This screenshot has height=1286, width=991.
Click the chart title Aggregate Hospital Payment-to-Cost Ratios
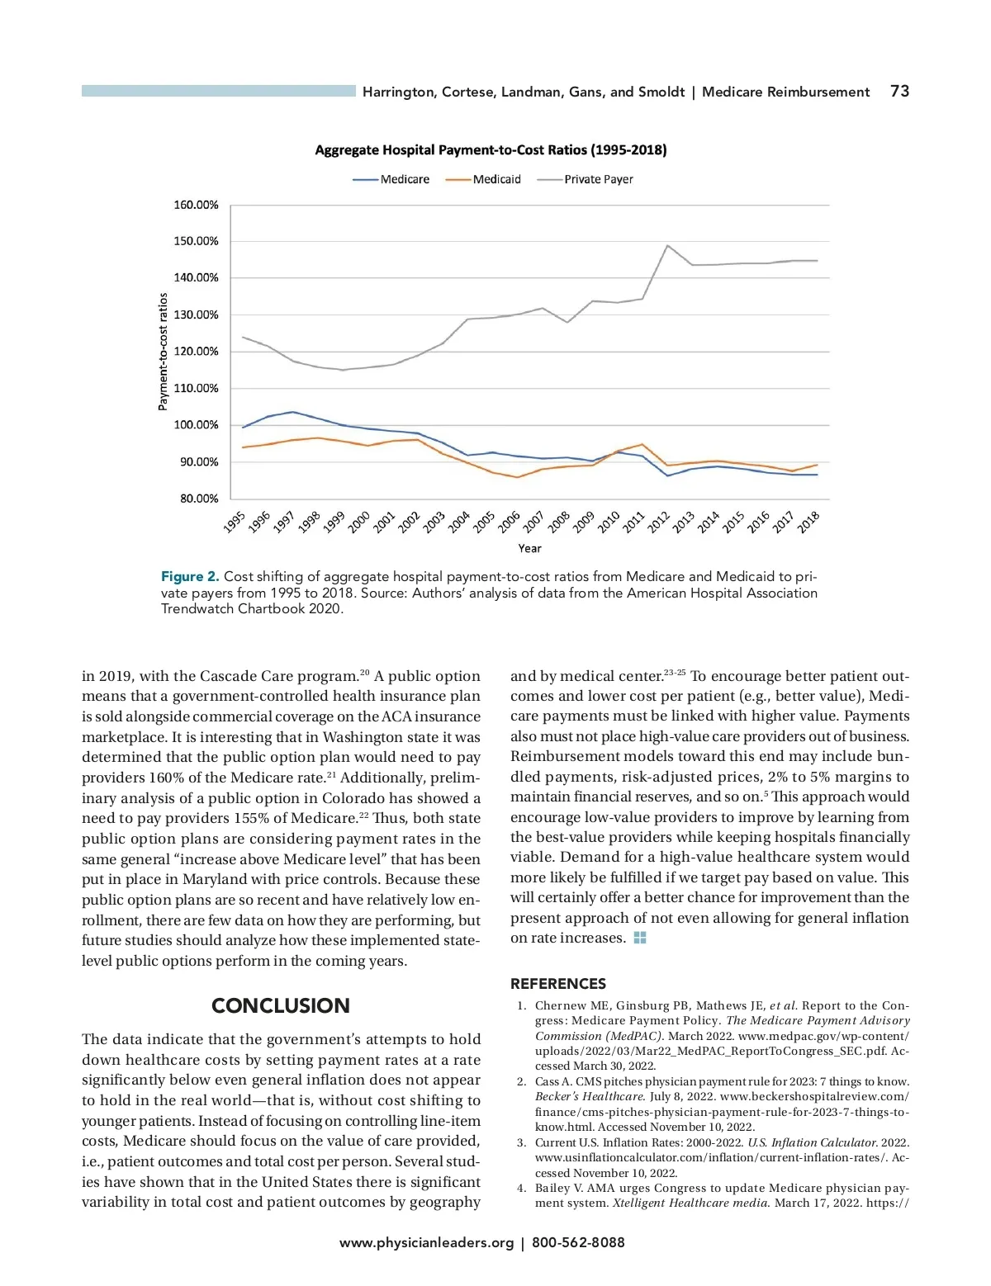click(x=491, y=150)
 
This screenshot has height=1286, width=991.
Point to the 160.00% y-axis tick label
click(x=196, y=205)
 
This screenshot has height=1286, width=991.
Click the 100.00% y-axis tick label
click(x=196, y=425)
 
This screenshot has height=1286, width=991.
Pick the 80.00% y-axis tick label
click(x=198, y=499)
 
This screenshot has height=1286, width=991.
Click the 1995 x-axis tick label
click(x=235, y=522)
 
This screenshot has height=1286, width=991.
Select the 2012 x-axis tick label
click(x=659, y=522)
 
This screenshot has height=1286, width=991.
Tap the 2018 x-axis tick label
click(x=808, y=522)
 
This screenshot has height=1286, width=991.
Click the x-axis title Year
click(x=529, y=548)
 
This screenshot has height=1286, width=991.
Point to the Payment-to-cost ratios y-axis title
click(x=163, y=352)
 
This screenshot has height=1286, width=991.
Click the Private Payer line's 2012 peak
click(x=667, y=245)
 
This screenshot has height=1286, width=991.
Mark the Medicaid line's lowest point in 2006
click(x=517, y=477)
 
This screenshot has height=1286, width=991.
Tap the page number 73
click(x=899, y=92)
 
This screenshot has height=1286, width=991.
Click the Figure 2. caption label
click(x=190, y=577)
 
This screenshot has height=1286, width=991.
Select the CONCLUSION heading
click(x=281, y=1005)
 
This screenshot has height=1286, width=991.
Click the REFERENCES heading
click(x=558, y=984)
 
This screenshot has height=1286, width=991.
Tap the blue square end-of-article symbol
click(x=640, y=938)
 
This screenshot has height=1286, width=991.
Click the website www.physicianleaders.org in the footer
click(x=426, y=1242)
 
